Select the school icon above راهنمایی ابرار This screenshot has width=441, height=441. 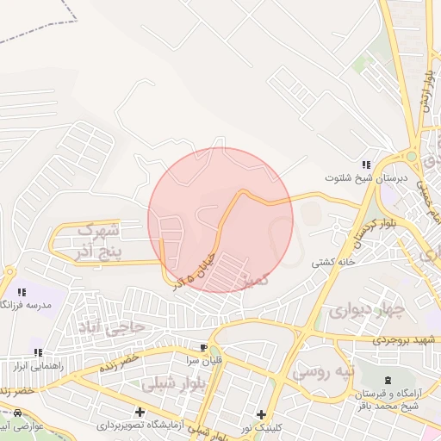point(38,351)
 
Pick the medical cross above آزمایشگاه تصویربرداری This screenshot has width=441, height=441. point(140,413)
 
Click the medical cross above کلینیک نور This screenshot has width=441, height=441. point(261,414)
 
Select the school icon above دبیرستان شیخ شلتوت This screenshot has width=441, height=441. point(366,165)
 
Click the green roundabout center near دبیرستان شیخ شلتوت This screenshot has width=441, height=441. point(411,157)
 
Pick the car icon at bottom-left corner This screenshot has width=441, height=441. point(18,413)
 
